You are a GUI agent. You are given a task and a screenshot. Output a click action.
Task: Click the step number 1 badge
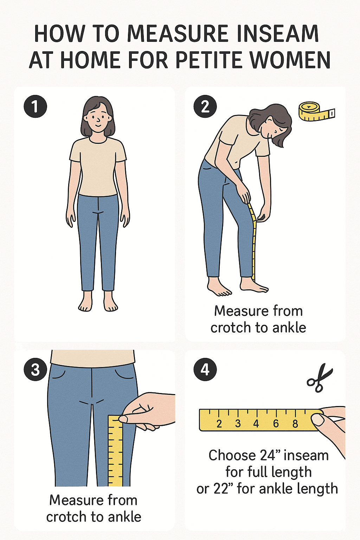(x=35, y=106)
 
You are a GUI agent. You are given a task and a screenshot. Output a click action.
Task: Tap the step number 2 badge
(x=205, y=106)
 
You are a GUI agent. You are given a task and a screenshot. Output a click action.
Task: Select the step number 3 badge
(x=35, y=369)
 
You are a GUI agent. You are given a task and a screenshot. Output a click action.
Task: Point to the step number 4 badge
(x=205, y=369)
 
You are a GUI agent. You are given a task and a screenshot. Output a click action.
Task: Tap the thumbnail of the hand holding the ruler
(x=318, y=419)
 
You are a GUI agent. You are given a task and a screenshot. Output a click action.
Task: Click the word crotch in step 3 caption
(x=66, y=517)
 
